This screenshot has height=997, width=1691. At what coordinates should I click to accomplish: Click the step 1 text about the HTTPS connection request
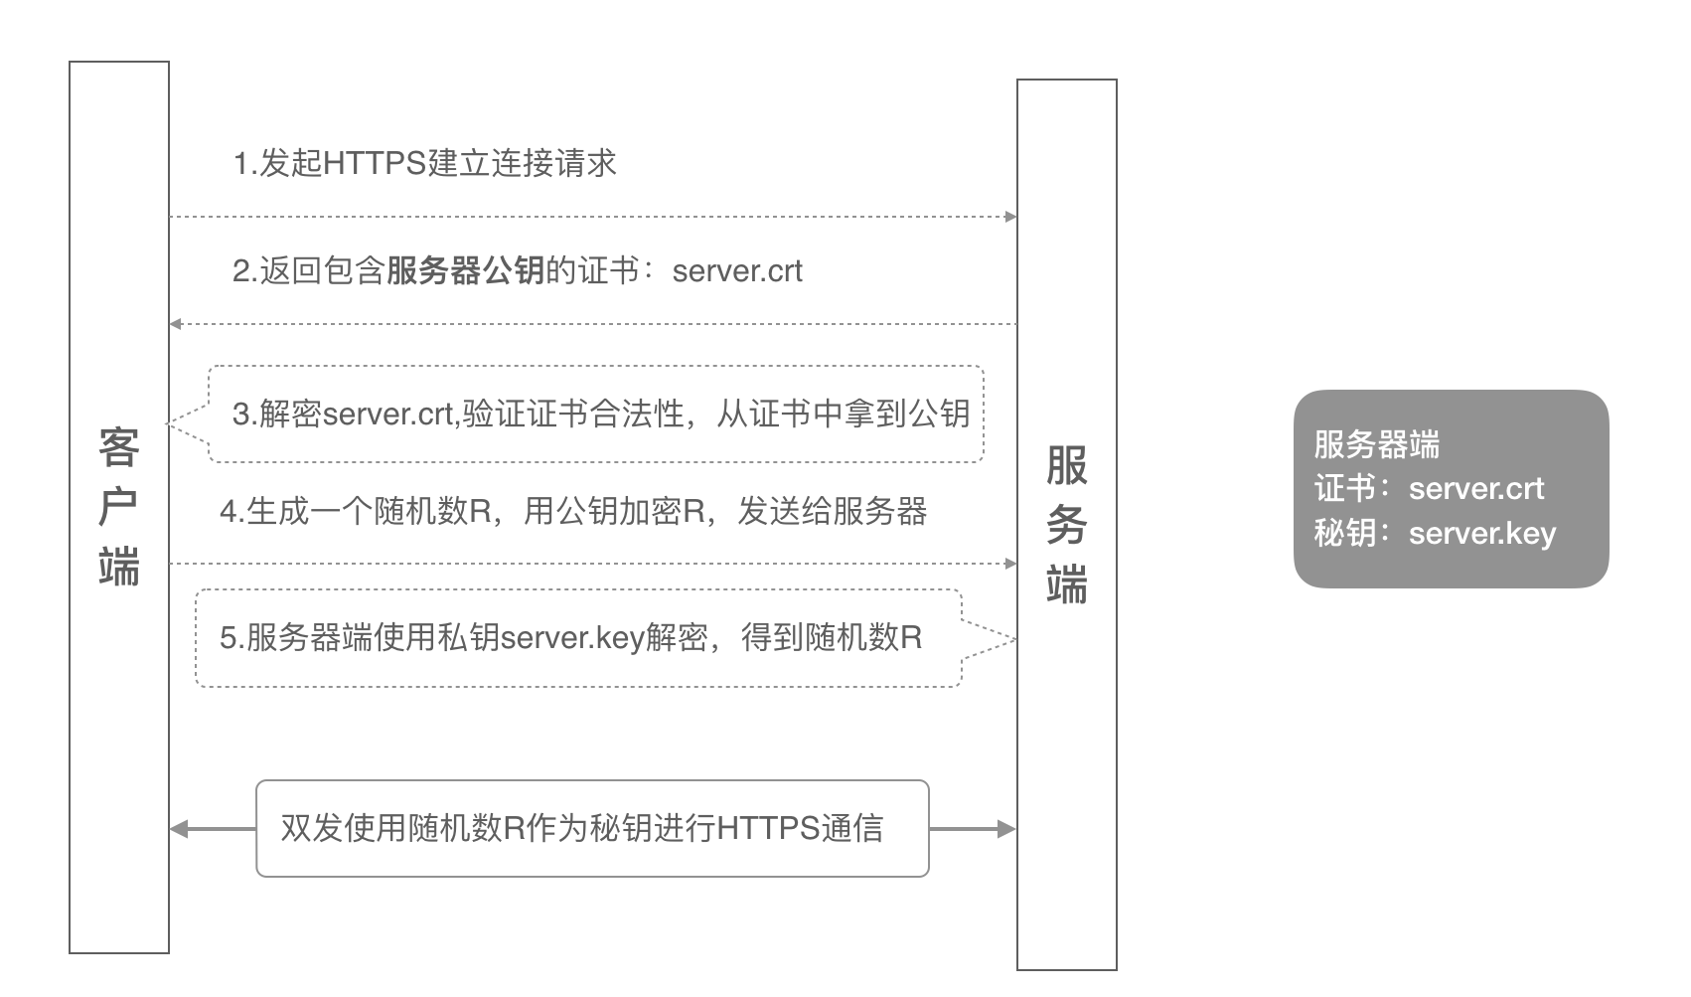(425, 163)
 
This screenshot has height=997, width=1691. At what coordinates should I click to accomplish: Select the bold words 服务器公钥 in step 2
(466, 270)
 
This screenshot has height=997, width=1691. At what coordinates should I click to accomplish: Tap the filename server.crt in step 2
(737, 271)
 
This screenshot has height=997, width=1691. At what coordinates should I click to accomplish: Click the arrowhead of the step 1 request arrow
(1010, 217)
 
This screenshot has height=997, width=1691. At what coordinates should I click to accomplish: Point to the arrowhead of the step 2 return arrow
(175, 324)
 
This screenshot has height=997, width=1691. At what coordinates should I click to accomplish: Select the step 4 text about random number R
(573, 511)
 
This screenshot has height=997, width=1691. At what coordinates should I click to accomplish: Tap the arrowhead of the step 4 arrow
(1010, 564)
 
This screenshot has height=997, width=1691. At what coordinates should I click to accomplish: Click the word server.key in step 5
(572, 638)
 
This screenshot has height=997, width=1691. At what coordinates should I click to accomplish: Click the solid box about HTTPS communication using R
(592, 781)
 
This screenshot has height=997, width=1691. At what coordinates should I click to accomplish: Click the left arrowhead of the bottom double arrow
(178, 829)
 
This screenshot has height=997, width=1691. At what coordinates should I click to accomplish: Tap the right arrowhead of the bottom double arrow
(1007, 829)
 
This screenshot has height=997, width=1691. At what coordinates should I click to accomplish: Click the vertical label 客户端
(119, 507)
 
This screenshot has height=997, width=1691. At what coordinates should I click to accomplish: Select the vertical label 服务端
(1067, 524)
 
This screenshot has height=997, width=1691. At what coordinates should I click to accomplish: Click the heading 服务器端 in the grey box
(1377, 444)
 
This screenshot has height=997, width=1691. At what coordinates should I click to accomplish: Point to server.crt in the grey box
(1476, 489)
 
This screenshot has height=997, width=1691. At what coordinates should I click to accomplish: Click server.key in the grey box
(1482, 534)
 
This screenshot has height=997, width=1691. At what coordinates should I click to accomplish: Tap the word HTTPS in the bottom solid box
(768, 829)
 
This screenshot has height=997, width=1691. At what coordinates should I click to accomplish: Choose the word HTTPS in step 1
(376, 163)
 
